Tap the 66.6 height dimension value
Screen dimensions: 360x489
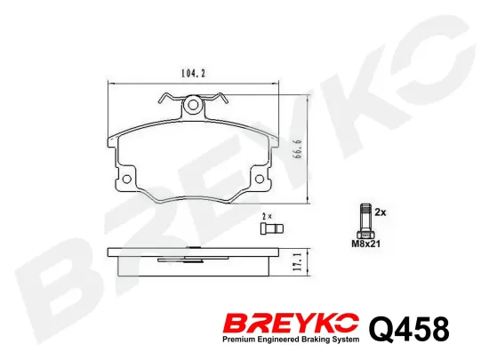[300, 145]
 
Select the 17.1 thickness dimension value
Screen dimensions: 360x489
[300, 261]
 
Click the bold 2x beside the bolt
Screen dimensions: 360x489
[381, 213]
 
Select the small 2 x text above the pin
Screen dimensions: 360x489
[267, 216]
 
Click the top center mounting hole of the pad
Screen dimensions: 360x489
[193, 108]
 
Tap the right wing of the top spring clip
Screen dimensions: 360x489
[219, 100]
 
